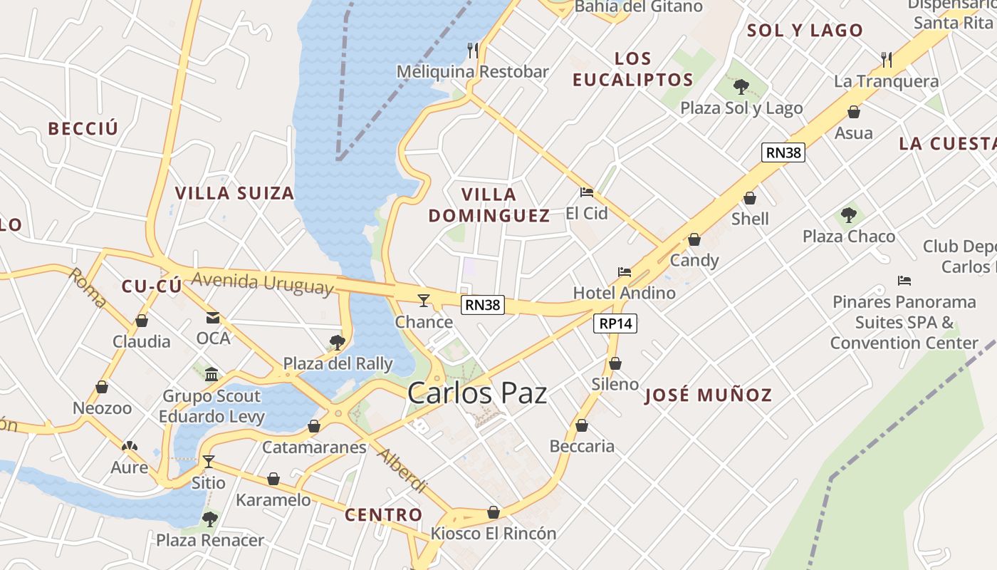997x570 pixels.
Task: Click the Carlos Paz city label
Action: click(477, 393)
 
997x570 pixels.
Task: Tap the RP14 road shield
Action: click(615, 323)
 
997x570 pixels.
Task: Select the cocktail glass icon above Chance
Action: click(424, 301)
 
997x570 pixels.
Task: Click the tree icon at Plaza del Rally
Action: click(338, 343)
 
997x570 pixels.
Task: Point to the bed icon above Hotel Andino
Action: click(625, 272)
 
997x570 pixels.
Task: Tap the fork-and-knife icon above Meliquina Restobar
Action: click(472, 50)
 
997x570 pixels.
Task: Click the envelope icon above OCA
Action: click(213, 317)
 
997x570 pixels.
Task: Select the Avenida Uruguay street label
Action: click(262, 282)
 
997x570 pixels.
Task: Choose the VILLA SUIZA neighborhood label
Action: click(234, 193)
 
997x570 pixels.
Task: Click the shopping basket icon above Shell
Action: click(750, 198)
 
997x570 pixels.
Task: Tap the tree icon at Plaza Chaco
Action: click(848, 214)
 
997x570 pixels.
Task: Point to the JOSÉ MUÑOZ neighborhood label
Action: click(709, 395)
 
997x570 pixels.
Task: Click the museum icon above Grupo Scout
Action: click(212, 374)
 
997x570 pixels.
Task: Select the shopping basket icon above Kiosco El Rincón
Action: click(493, 512)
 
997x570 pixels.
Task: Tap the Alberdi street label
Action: click(402, 471)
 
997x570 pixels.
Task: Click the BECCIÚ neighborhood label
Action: click(83, 129)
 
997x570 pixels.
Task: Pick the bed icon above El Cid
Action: click(586, 192)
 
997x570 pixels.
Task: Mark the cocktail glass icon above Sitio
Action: click(208, 462)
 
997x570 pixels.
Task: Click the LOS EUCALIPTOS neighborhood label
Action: click(632, 69)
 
